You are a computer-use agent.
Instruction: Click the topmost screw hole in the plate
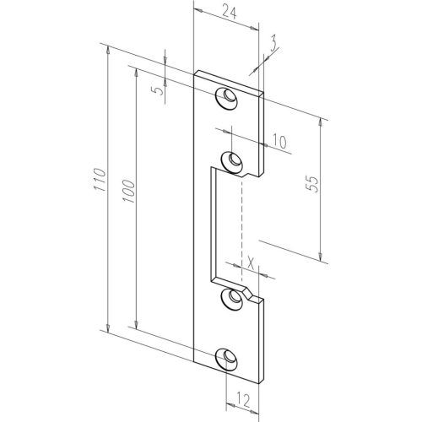click(227, 97)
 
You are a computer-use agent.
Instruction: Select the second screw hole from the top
click(228, 158)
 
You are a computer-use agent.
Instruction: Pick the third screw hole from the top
click(228, 297)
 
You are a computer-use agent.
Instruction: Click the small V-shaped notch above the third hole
click(249, 289)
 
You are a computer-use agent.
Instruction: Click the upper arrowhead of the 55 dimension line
click(322, 120)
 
